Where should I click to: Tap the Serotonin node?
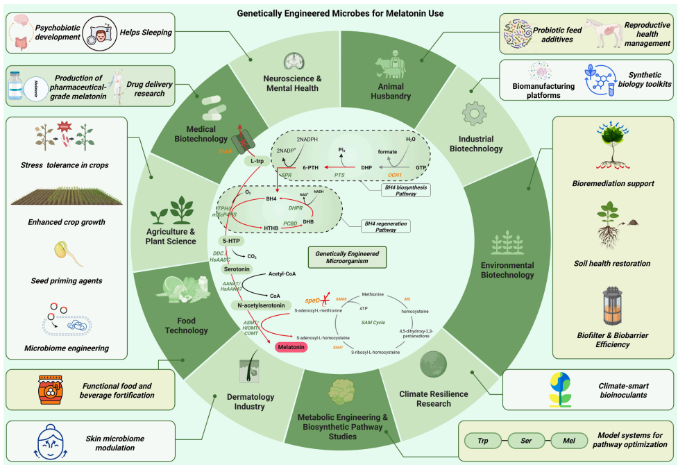[x=236, y=268]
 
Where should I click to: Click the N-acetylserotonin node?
[x=259, y=305]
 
